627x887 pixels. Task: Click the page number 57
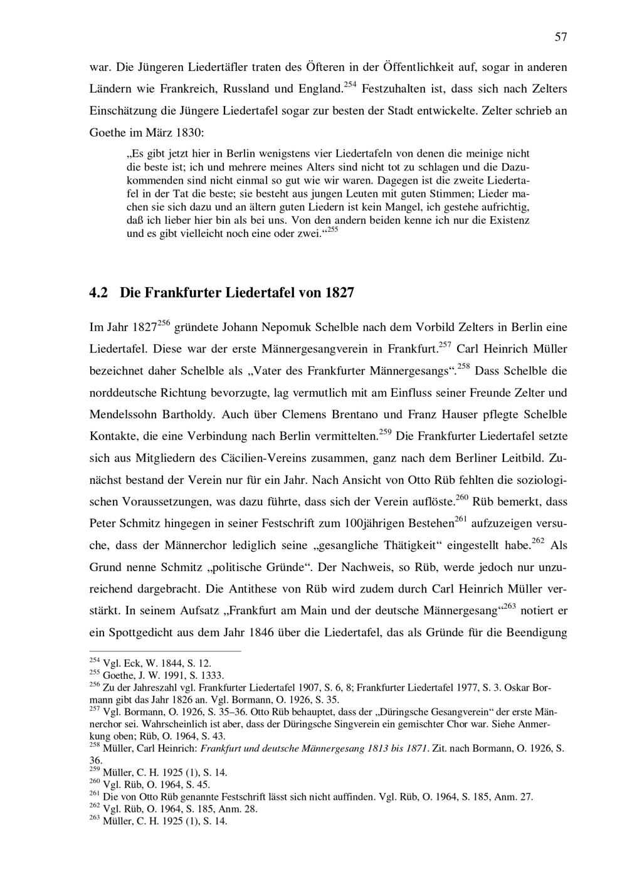(x=561, y=38)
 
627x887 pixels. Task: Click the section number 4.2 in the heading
(x=100, y=293)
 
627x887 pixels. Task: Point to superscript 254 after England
(x=350, y=84)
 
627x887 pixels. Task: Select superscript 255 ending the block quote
(x=333, y=230)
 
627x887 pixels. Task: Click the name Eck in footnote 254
(x=132, y=663)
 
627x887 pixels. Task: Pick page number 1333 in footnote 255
(x=212, y=675)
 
